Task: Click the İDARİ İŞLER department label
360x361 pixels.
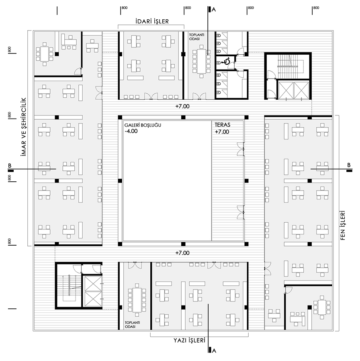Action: tap(152, 21)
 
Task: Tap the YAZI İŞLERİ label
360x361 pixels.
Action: tap(189, 340)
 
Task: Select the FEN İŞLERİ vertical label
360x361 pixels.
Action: tap(343, 226)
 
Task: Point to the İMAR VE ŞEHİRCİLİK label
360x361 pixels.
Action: tap(24, 127)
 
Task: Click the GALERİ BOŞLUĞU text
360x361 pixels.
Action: tap(143, 125)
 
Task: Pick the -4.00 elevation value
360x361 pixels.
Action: tap(131, 131)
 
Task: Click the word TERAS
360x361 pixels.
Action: tap(223, 125)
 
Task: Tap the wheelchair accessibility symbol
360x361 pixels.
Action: tap(226, 62)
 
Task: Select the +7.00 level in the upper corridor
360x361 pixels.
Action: tap(182, 107)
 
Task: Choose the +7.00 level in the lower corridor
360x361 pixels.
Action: tap(182, 253)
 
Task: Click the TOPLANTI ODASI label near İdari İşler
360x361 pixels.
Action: tap(196, 37)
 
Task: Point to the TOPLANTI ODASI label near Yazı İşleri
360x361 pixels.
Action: tap(132, 325)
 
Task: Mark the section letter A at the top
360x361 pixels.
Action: tap(214, 10)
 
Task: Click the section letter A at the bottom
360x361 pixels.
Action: tap(214, 351)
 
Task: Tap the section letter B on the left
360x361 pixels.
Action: tap(10, 166)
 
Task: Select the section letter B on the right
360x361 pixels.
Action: tap(349, 165)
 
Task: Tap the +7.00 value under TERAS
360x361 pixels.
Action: tap(222, 132)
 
